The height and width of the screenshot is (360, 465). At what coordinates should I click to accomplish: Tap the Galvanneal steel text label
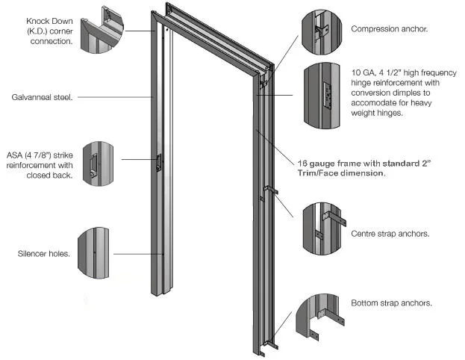pos(41,96)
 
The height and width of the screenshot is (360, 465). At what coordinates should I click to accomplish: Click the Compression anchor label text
pos(389,30)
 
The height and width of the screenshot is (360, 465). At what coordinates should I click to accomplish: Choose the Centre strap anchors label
pos(390,234)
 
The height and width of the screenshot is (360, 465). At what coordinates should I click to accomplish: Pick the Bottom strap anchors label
pos(391,303)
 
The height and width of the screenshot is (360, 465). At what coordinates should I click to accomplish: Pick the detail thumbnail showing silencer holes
pos(98,253)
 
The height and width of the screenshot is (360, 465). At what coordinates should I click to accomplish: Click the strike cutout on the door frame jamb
pos(159,164)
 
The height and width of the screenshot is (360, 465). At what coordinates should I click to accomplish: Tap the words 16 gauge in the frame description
pos(316,162)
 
